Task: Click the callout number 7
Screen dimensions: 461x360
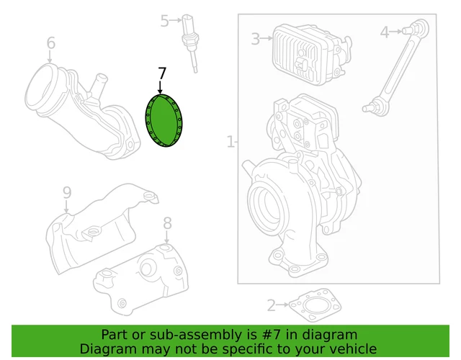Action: tap(162, 73)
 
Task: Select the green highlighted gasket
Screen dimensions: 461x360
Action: tap(164, 120)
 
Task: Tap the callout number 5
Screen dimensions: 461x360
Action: tap(165, 21)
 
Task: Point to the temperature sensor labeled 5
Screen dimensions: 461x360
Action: tap(190, 42)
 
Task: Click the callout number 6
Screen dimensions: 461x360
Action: tap(51, 43)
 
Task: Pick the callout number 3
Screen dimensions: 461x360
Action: tap(256, 39)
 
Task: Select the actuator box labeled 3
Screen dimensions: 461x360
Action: tap(312, 55)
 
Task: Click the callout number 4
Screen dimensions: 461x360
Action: tap(385, 32)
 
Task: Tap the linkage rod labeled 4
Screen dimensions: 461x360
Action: tap(396, 66)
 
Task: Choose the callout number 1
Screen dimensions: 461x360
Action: tap(230, 141)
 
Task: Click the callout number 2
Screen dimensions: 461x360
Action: tap(272, 305)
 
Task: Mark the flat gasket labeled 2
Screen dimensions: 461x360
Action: tap(315, 305)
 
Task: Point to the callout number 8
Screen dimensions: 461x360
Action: tap(167, 223)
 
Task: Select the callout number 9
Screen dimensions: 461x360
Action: tap(67, 193)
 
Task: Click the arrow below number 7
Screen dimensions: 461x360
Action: tap(160, 87)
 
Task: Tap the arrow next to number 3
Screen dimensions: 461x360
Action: tap(267, 38)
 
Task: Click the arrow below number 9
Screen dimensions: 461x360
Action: tap(66, 207)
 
